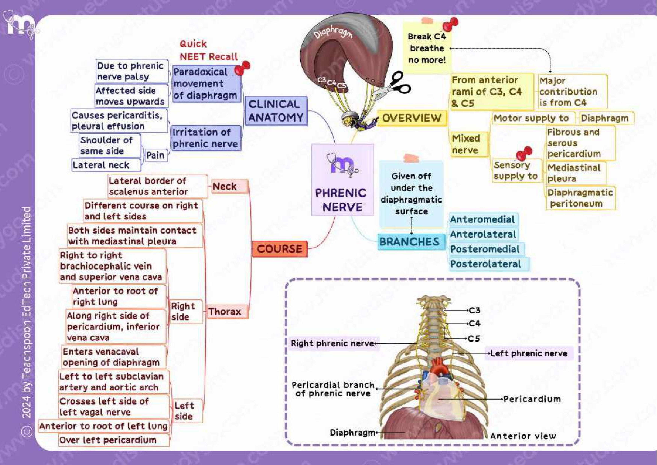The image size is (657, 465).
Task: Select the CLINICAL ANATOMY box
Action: pyautogui.click(x=276, y=111)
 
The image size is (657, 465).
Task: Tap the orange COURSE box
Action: pyautogui.click(x=280, y=249)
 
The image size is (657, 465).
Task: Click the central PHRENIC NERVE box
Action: pyautogui.click(x=342, y=180)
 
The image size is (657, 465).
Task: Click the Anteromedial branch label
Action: pyautogui.click(x=483, y=219)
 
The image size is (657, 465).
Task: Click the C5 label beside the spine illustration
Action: pyautogui.click(x=474, y=339)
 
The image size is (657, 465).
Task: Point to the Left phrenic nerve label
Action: pyautogui.click(x=529, y=353)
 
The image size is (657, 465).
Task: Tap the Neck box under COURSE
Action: pyautogui.click(x=229, y=186)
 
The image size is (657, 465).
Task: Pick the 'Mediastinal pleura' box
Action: pyautogui.click(x=576, y=173)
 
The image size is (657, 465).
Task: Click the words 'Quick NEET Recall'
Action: pyautogui.click(x=208, y=50)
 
